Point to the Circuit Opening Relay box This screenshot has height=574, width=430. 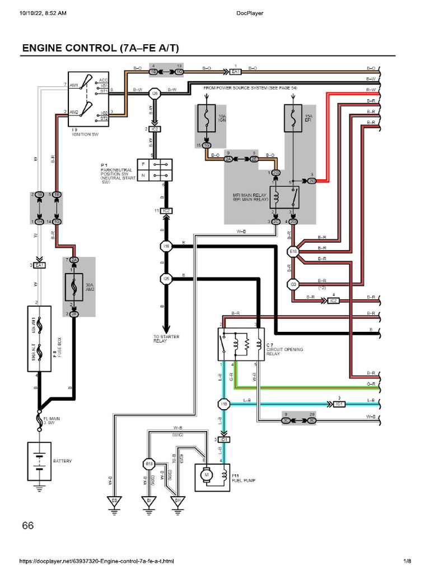[240, 344]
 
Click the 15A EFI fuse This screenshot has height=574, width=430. [293, 118]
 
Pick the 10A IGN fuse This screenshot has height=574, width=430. [207, 118]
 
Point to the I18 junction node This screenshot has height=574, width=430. [166, 246]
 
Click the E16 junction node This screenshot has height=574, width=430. [293, 252]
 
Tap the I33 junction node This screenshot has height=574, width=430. [293, 284]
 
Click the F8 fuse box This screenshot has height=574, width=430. [40, 339]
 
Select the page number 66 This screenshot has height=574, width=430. [28, 525]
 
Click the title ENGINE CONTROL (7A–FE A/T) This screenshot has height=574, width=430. [97, 48]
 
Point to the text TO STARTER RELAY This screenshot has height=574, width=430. [166, 339]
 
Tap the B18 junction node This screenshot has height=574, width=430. [149, 464]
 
